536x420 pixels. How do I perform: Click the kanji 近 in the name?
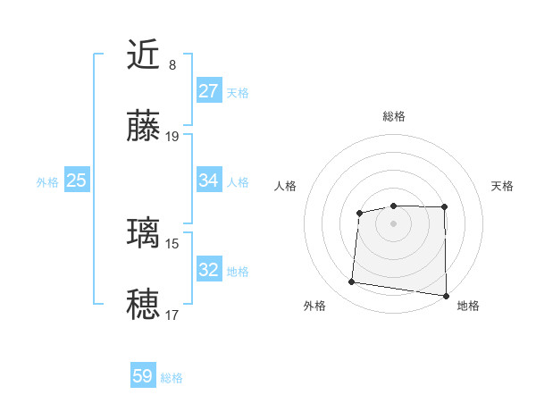[x=145, y=55]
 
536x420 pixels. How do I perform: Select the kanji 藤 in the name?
[x=145, y=127]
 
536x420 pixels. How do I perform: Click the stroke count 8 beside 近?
[x=172, y=65]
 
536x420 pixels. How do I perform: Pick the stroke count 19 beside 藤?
[x=172, y=137]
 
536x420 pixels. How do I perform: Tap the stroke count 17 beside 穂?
[x=172, y=315]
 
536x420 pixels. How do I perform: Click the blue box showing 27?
[x=208, y=91]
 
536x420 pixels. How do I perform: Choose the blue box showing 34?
[x=208, y=181]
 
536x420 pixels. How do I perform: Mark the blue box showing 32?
[x=208, y=269]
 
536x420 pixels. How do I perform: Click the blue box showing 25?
[x=76, y=181]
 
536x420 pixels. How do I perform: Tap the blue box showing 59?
[x=142, y=376]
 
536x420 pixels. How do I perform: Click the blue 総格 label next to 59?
[x=172, y=378]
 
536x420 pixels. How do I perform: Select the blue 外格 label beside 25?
[x=47, y=182]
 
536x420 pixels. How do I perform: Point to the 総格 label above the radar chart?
[x=393, y=116]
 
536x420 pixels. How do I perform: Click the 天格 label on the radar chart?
[x=503, y=186]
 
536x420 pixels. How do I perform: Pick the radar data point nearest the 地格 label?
[x=447, y=296]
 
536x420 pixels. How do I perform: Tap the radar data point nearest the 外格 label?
[x=352, y=282]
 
